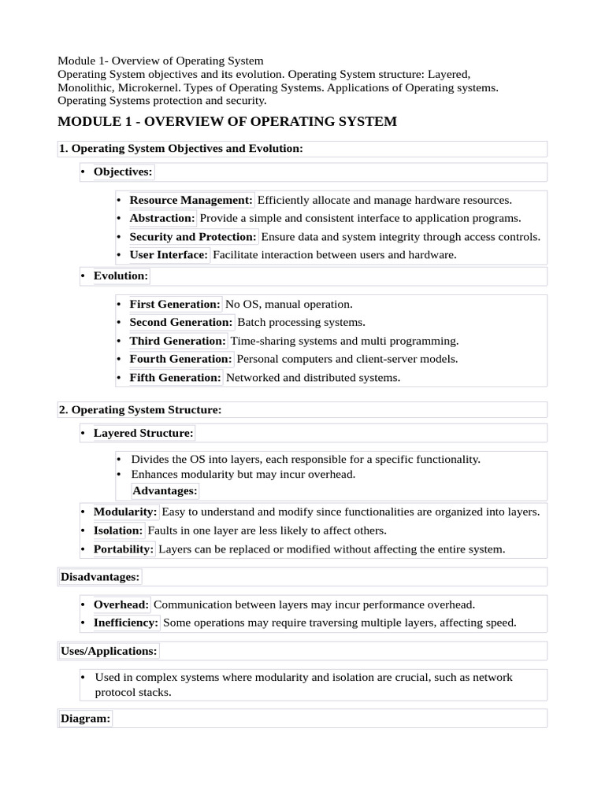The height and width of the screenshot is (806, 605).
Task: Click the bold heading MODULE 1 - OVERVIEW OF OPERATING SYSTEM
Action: pyautogui.click(x=228, y=122)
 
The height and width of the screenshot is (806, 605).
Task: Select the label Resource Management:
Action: pyautogui.click(x=191, y=200)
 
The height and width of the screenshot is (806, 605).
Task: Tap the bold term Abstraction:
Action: pyautogui.click(x=161, y=218)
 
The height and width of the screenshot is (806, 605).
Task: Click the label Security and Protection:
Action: pyautogui.click(x=193, y=237)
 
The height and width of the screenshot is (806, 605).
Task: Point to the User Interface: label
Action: pyautogui.click(x=169, y=255)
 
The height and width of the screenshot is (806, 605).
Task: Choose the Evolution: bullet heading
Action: pyautogui.click(x=121, y=276)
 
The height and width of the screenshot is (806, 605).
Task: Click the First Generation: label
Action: pyautogui.click(x=174, y=304)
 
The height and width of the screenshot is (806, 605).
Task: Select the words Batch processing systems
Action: pyautogui.click(x=301, y=323)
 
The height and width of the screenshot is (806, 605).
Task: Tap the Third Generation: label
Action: pyautogui.click(x=177, y=341)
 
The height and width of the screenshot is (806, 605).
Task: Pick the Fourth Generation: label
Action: pyautogui.click(x=180, y=359)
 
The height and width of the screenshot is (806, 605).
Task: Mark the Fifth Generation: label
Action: pyautogui.click(x=175, y=378)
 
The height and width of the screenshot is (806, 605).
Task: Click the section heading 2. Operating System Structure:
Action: pyautogui.click(x=140, y=410)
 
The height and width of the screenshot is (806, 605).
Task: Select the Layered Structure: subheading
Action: pyautogui.click(x=143, y=434)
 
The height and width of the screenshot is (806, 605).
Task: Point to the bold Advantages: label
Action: pyautogui.click(x=165, y=491)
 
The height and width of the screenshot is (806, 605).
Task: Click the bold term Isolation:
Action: pyautogui.click(x=118, y=531)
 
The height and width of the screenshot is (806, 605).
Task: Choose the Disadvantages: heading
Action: pyautogui.click(x=100, y=577)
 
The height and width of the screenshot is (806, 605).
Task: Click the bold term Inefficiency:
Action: pyautogui.click(x=126, y=623)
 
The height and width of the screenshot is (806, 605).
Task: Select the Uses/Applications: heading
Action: pyautogui.click(x=109, y=651)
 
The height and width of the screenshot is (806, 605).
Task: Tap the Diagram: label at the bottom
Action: pyautogui.click(x=85, y=719)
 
